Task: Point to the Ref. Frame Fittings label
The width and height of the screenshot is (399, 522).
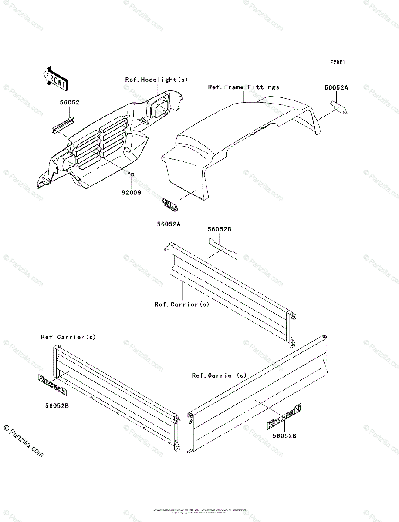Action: (x=243, y=87)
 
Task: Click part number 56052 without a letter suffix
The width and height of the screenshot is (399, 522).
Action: (x=70, y=103)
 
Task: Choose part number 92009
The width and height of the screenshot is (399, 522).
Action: (x=131, y=191)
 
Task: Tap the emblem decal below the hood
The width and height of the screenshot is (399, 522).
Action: (x=171, y=204)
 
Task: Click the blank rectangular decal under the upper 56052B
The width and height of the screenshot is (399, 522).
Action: (x=223, y=250)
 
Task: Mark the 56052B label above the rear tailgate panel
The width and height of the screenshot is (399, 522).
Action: (x=219, y=229)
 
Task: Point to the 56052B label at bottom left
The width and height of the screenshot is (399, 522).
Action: (x=57, y=405)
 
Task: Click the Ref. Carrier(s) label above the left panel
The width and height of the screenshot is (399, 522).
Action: (x=68, y=337)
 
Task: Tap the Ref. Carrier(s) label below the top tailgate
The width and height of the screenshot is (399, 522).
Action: (x=182, y=304)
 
